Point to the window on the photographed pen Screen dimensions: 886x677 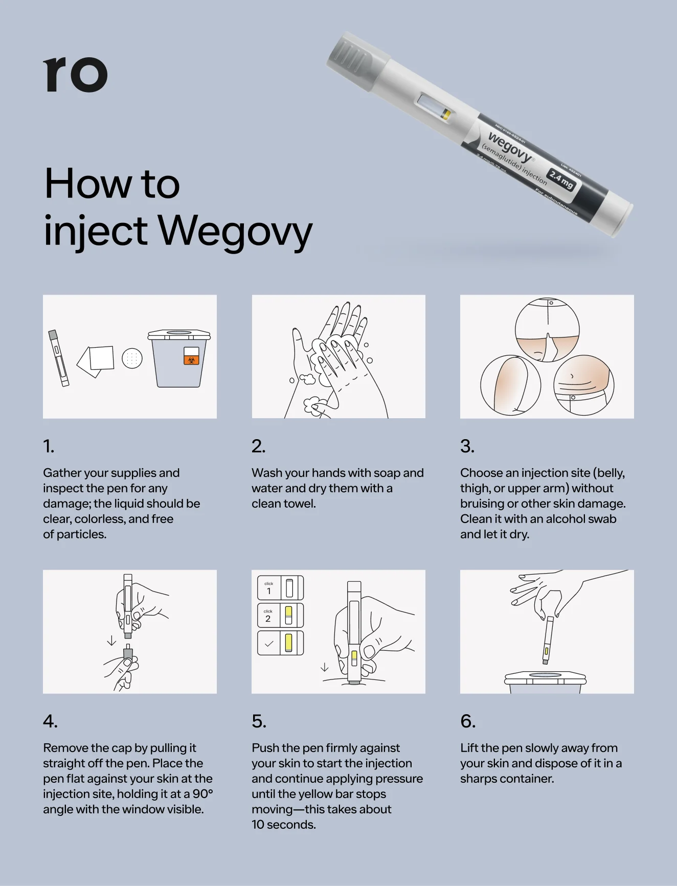[434, 107]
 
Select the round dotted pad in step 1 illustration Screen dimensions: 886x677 [132, 359]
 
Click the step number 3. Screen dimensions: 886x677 [467, 446]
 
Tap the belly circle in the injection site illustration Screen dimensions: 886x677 [584, 384]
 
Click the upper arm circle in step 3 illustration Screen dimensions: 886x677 [510, 384]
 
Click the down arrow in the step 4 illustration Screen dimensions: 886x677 [111, 641]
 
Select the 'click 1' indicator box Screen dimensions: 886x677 [280, 588]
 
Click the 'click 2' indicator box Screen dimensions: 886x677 [280, 616]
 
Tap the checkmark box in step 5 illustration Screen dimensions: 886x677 [280, 643]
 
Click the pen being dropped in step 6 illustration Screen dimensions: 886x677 [548, 640]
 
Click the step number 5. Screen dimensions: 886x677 [259, 721]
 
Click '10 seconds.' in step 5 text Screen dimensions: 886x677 [283, 825]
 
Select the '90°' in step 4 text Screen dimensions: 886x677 [202, 794]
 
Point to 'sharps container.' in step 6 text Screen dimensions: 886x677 [507, 779]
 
